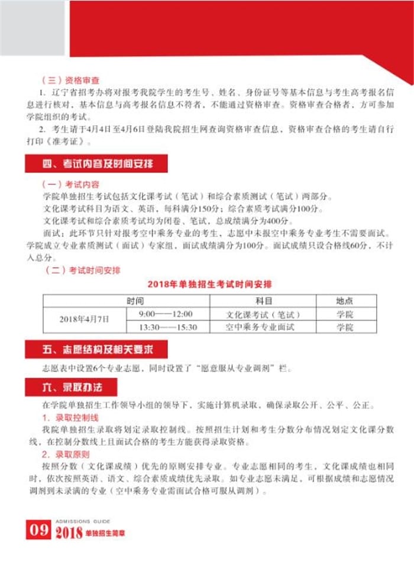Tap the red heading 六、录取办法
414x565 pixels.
(x=71, y=387)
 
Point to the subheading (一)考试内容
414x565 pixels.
(x=70, y=184)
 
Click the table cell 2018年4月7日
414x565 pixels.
(x=85, y=319)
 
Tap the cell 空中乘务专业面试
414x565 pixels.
(x=260, y=326)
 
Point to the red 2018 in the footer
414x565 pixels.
(x=69, y=533)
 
